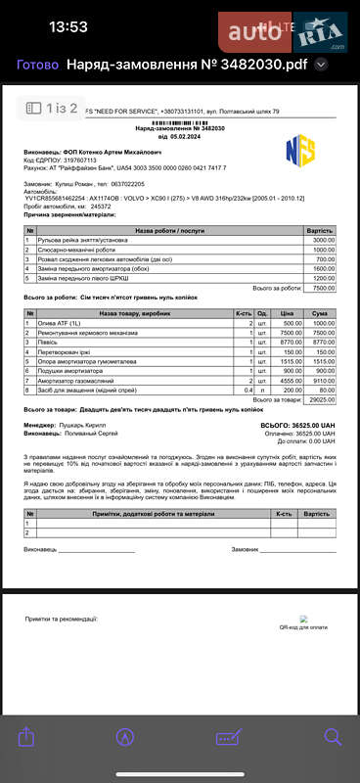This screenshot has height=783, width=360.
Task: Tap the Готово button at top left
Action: (x=38, y=66)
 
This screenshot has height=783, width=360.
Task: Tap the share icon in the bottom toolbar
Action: (x=26, y=737)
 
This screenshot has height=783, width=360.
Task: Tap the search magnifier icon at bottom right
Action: (x=333, y=737)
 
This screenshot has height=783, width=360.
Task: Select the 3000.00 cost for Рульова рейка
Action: (x=323, y=240)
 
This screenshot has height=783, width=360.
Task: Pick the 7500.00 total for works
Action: (x=323, y=288)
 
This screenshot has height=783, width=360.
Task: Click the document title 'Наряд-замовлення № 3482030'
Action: (x=179, y=128)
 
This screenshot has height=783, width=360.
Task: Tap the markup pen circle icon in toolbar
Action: (x=125, y=737)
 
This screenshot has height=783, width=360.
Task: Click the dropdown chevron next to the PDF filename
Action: (x=320, y=66)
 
